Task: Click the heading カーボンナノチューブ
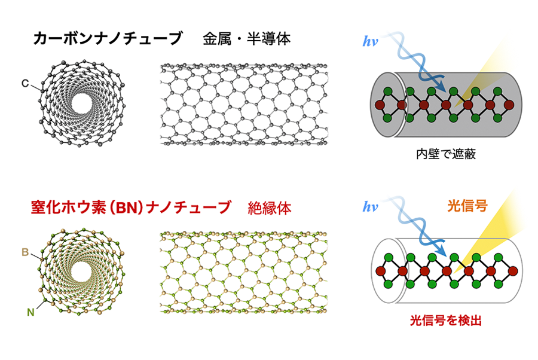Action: [x=108, y=38]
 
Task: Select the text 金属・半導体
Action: [x=247, y=39]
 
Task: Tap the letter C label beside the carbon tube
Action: [x=25, y=83]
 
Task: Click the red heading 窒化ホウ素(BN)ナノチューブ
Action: [x=131, y=208]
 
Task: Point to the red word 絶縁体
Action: [x=270, y=208]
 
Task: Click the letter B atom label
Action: [x=25, y=252]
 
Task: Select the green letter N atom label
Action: [x=30, y=312]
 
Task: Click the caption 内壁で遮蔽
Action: [x=446, y=154]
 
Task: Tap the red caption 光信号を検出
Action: [x=446, y=321]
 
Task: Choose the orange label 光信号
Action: [x=467, y=206]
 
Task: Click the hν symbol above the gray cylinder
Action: [x=370, y=41]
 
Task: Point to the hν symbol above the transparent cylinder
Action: [x=370, y=207]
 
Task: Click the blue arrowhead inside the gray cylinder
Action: [x=441, y=88]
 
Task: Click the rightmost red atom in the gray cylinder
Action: [x=509, y=105]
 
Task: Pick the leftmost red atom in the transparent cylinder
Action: [x=381, y=271]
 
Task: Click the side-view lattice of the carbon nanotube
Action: [x=244, y=104]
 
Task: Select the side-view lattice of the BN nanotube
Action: [x=244, y=273]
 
